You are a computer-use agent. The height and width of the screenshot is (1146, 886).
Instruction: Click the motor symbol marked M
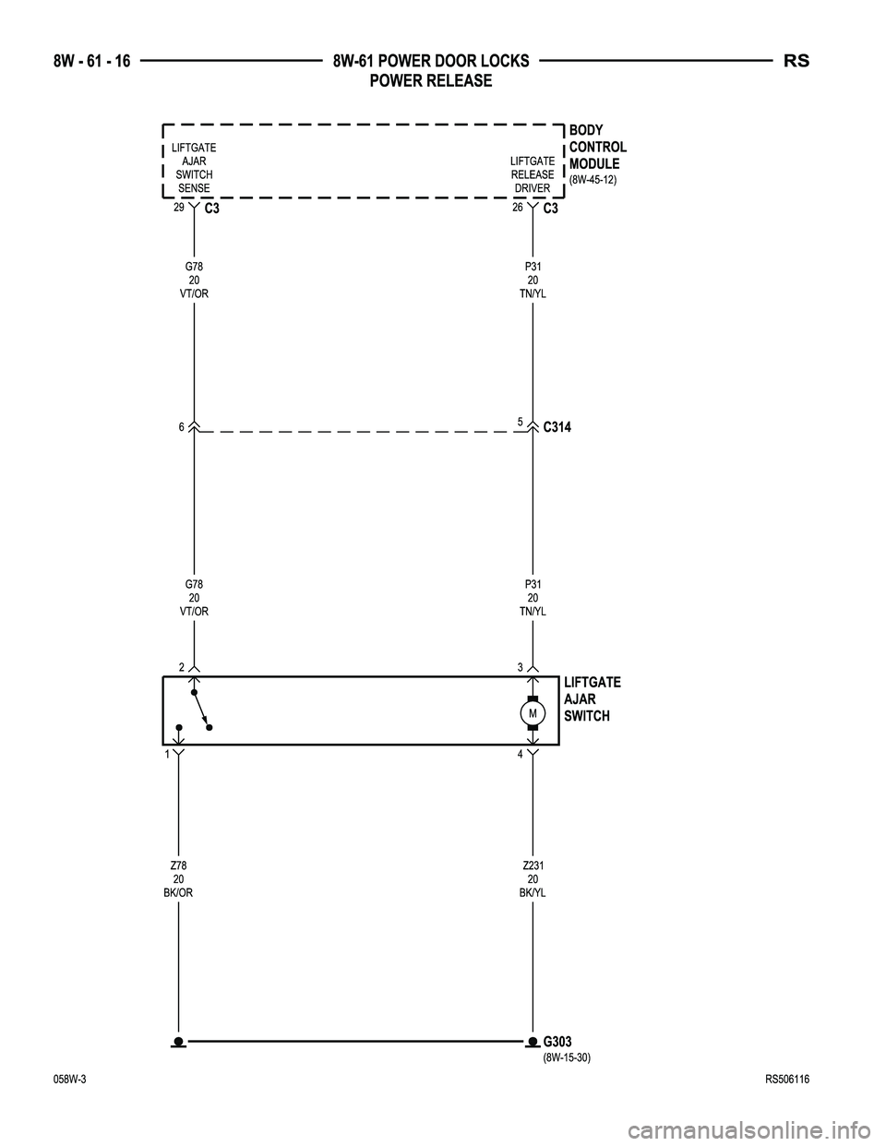tap(533, 713)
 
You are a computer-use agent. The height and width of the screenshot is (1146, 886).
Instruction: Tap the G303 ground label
tap(557, 1042)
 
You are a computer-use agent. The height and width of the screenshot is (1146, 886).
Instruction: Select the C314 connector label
tap(557, 427)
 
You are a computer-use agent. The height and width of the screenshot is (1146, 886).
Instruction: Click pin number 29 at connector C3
tap(179, 208)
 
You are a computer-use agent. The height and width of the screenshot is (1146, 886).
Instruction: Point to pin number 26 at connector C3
tap(518, 208)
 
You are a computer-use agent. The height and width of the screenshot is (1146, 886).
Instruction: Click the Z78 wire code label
tap(178, 865)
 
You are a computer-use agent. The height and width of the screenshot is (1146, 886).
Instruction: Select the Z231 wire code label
tap(533, 865)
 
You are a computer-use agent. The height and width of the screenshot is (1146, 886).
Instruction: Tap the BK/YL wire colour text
tap(533, 893)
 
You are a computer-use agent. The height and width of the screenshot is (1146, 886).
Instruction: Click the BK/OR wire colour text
tap(178, 893)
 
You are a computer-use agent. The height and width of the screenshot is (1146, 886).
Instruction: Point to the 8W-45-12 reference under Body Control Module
tap(593, 180)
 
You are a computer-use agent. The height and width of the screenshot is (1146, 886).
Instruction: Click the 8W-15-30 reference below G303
tap(567, 1058)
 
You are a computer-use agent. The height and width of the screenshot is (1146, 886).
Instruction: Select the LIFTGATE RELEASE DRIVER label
tap(533, 174)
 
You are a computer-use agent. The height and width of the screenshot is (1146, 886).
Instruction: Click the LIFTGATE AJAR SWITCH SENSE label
tap(194, 168)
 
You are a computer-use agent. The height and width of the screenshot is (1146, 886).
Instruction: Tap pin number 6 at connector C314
tap(182, 427)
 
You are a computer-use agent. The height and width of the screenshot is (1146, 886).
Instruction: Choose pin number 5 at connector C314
tap(520, 422)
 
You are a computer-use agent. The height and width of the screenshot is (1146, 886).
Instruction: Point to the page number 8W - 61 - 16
tap(91, 62)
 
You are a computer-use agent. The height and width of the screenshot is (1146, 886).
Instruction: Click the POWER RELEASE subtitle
tap(431, 80)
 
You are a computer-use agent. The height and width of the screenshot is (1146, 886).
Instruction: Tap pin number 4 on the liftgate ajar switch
tap(520, 755)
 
